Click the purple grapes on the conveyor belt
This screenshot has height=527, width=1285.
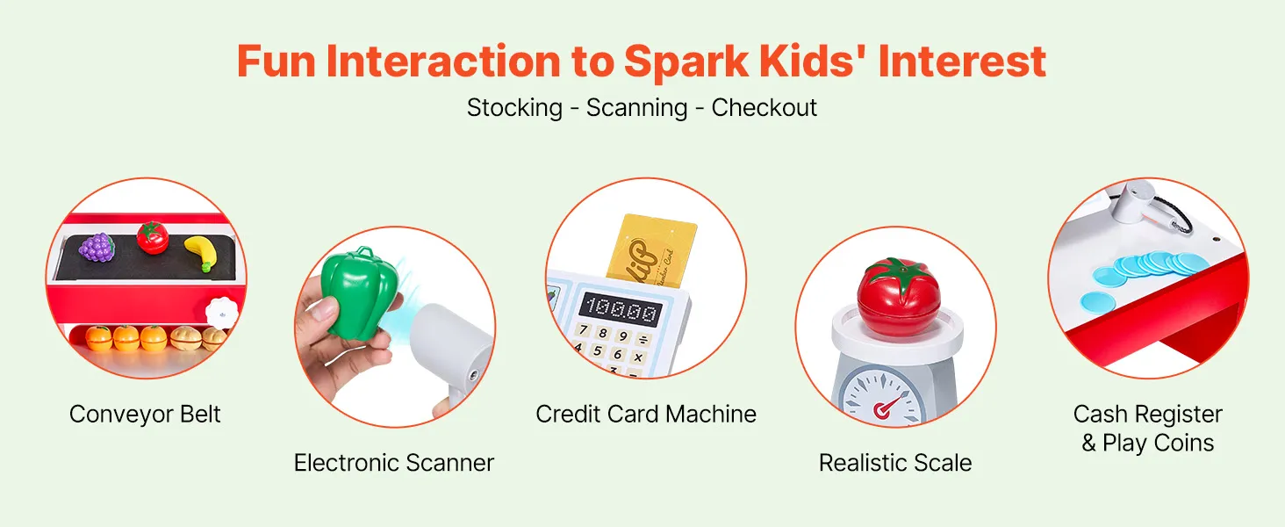(x=97, y=248)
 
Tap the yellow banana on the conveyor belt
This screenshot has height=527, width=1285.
(x=201, y=253)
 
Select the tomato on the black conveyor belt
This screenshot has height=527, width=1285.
(x=153, y=237)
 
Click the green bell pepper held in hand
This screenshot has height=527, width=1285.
(x=358, y=292)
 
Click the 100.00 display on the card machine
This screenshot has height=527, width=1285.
(x=621, y=311)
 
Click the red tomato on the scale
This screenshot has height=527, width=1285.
(x=899, y=296)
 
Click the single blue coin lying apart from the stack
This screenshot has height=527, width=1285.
(x=1097, y=301)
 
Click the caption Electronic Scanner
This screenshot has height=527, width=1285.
(x=393, y=463)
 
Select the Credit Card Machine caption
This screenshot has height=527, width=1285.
(x=646, y=414)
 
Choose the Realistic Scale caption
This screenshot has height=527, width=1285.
(x=895, y=463)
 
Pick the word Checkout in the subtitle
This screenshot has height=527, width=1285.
(x=765, y=108)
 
